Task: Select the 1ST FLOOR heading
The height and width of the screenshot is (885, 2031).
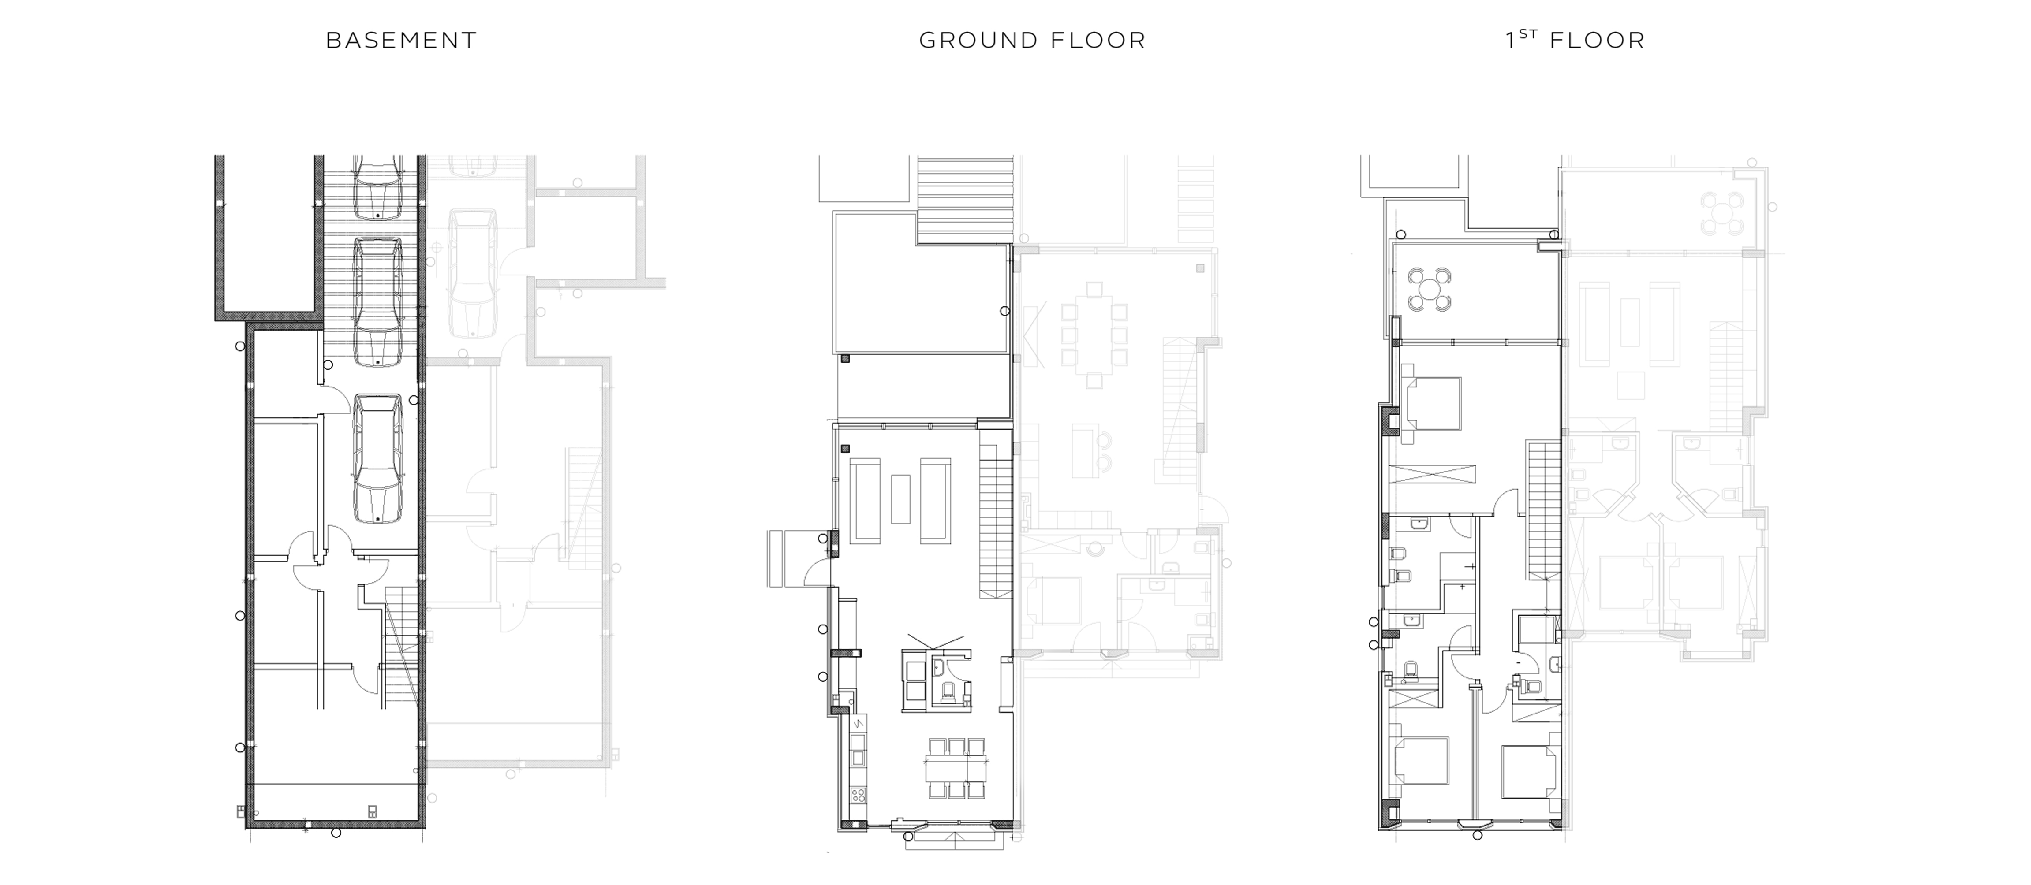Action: [1576, 39]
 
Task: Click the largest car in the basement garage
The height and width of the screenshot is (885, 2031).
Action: [377, 459]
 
